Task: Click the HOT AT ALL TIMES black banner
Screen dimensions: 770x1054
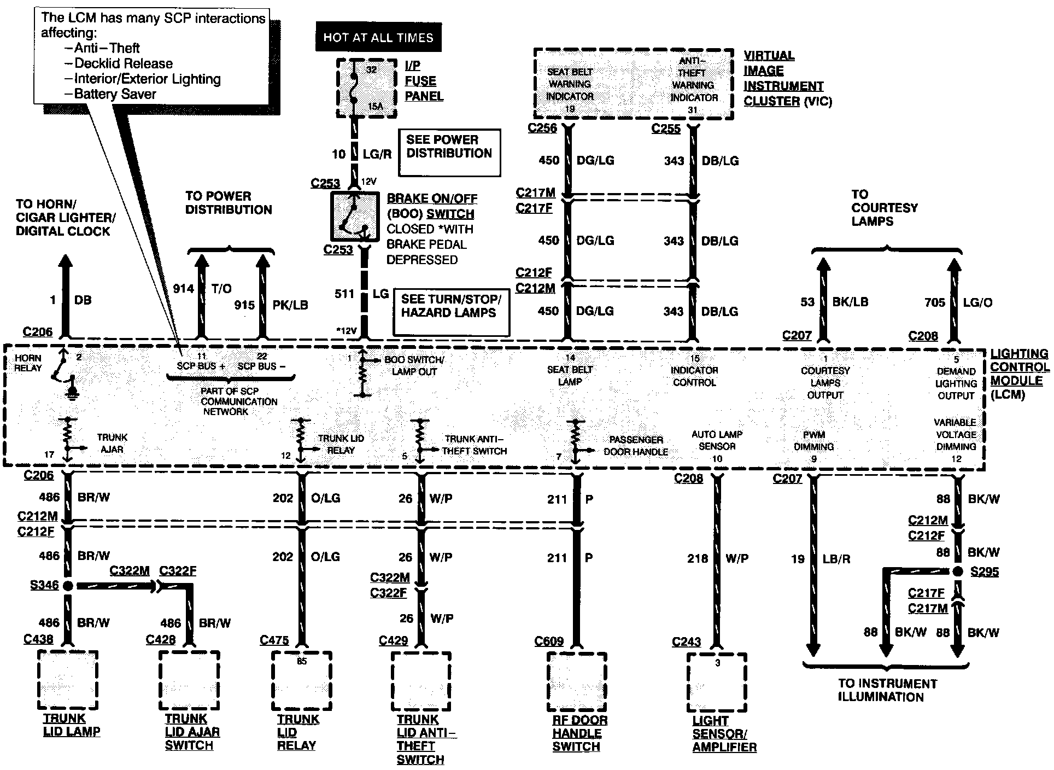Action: [378, 37]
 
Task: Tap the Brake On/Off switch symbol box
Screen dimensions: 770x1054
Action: [354, 216]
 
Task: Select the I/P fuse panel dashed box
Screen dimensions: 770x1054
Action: [366, 89]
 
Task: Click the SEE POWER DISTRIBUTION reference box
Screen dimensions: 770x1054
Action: [449, 153]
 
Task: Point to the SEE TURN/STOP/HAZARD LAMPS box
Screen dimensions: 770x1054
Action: [451, 312]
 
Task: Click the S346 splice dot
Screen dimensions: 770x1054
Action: [68, 586]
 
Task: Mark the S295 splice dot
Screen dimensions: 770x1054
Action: [957, 571]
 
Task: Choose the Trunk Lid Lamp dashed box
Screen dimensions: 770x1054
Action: [68, 680]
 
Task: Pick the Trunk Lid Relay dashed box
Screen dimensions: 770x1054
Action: [301, 680]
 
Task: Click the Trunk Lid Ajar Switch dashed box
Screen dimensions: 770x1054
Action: [189, 680]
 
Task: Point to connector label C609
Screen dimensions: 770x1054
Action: [549, 641]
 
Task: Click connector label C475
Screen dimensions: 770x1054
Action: [274, 640]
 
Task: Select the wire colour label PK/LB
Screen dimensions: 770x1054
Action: [290, 305]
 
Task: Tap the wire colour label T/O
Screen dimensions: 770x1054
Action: [221, 289]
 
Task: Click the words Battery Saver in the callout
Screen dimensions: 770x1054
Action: [115, 94]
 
